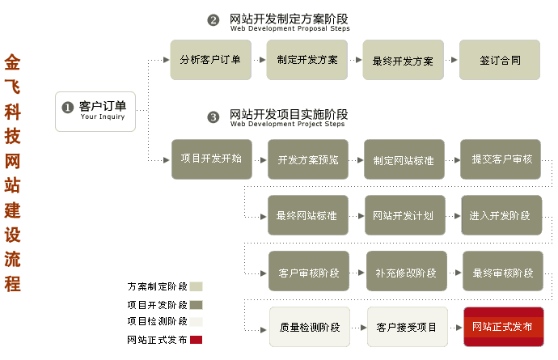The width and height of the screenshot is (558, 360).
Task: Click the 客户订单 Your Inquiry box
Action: click(x=95, y=111)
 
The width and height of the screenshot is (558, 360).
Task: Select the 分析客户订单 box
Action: click(x=210, y=60)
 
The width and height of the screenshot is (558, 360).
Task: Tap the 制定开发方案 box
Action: click(x=306, y=60)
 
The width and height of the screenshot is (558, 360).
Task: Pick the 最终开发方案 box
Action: click(x=403, y=60)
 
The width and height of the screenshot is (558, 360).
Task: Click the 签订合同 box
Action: click(x=499, y=60)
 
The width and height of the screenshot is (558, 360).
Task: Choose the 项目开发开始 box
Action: click(x=211, y=159)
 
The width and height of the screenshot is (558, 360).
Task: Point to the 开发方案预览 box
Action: click(x=308, y=159)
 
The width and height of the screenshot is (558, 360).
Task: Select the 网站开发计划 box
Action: click(x=404, y=215)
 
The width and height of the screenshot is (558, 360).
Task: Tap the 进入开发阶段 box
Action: click(x=501, y=215)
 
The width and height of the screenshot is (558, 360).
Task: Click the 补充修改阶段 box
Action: click(x=406, y=272)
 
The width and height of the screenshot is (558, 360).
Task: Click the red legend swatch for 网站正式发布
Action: click(x=197, y=340)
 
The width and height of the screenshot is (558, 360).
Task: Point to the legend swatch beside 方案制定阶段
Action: click(x=197, y=286)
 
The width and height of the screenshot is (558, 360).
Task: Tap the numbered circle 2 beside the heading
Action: click(x=213, y=20)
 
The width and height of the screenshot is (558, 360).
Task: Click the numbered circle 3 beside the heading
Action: click(x=213, y=117)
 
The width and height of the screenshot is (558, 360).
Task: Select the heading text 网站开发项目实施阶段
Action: click(x=289, y=115)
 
